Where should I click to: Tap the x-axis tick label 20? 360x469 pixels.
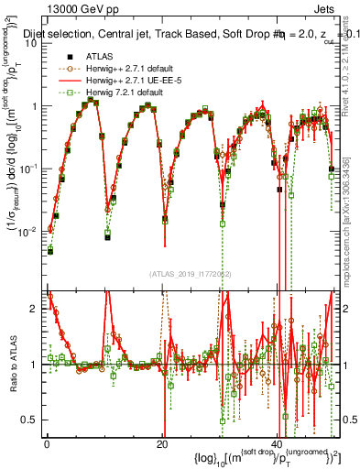click(162, 443)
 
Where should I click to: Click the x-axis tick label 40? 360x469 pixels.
click(278, 443)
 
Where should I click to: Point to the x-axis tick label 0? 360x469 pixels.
click(47, 443)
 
